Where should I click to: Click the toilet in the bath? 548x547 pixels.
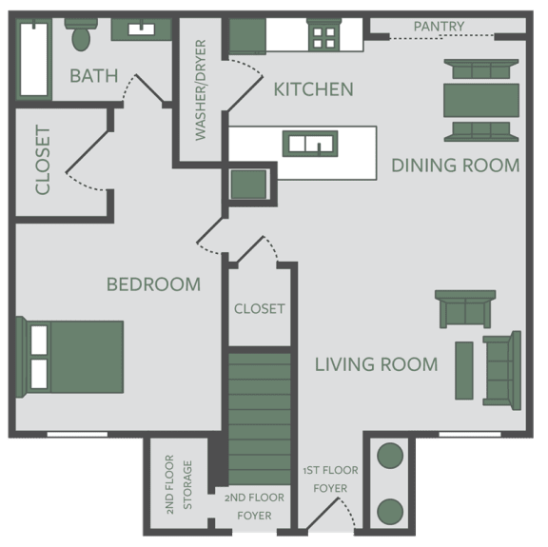[81, 34]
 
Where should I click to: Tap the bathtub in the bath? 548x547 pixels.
[34, 59]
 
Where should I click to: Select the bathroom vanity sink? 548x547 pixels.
[142, 29]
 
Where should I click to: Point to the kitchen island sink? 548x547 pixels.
[310, 144]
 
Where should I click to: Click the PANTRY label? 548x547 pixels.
[439, 27]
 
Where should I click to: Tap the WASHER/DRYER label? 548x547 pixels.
[201, 90]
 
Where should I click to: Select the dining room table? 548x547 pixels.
[481, 100]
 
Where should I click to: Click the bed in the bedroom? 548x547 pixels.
[69, 357]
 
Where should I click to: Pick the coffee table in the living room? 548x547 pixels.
[464, 370]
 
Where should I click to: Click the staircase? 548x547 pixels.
[260, 420]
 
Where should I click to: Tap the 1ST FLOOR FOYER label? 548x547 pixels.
[331, 479]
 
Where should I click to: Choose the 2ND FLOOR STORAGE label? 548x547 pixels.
[179, 484]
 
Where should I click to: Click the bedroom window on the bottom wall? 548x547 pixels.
[77, 434]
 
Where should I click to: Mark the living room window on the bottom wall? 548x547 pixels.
[470, 434]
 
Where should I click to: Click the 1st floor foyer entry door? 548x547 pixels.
[323, 514]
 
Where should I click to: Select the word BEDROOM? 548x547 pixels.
[154, 284]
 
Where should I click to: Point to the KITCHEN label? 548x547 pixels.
[314, 89]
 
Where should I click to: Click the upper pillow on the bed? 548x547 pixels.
[39, 340]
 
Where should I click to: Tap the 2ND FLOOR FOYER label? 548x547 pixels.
[254, 506]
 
